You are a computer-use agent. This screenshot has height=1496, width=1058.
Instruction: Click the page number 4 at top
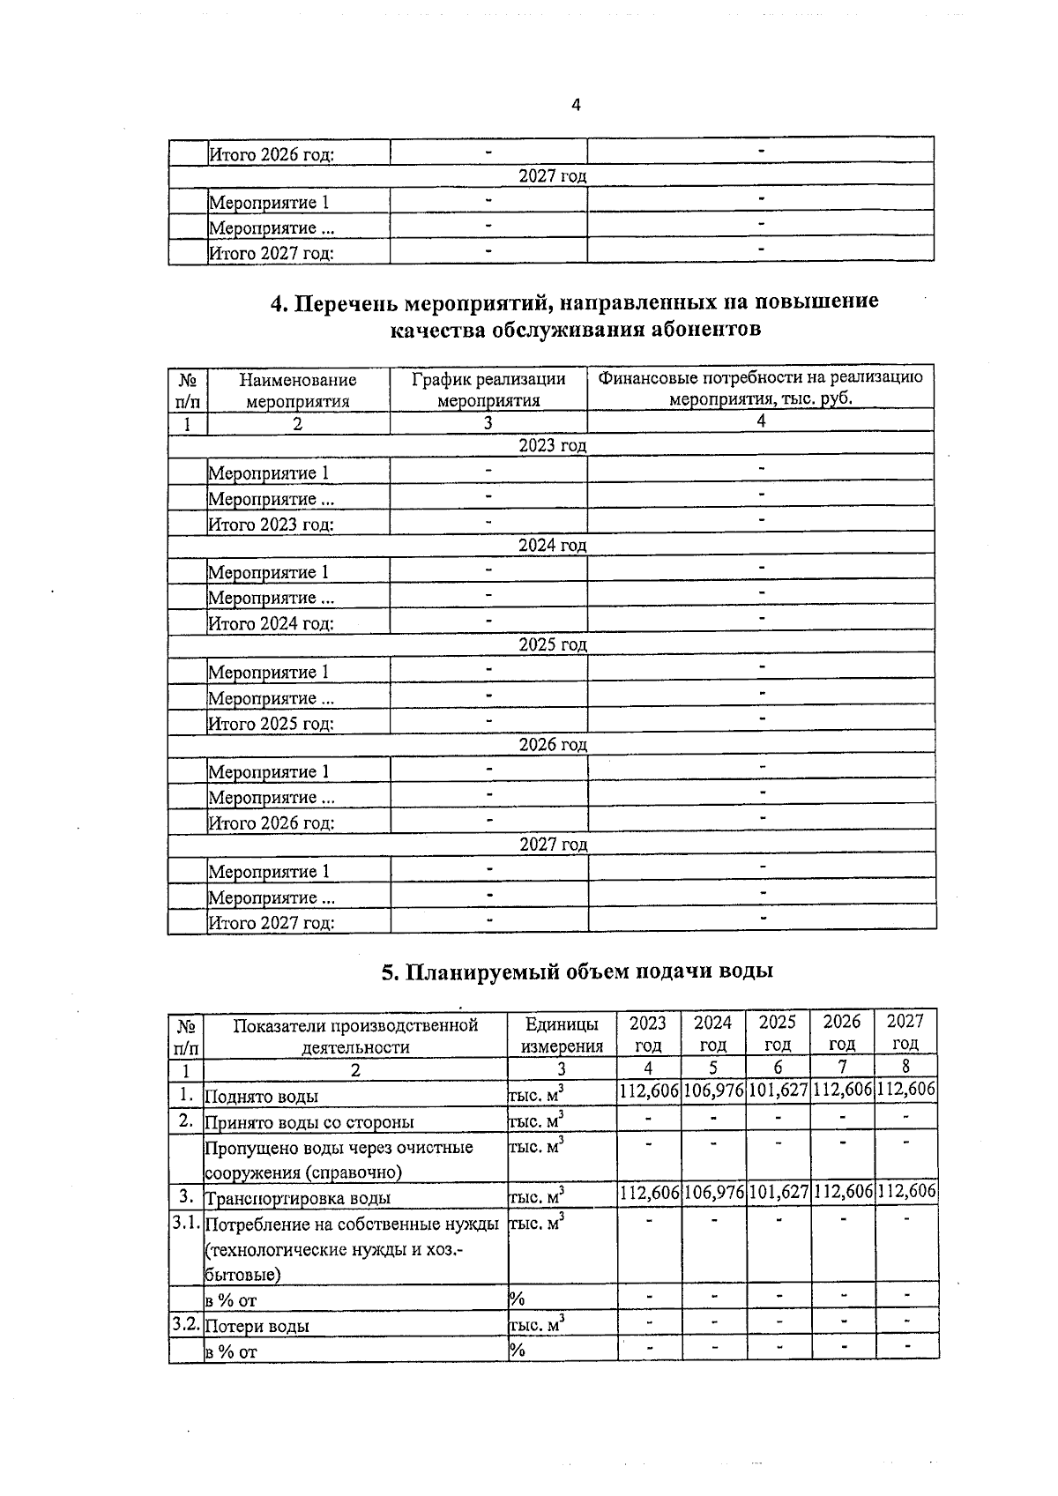(576, 106)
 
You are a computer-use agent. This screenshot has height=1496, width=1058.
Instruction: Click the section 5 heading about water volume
(577, 971)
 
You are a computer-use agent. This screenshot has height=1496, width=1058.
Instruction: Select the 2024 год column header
(712, 1033)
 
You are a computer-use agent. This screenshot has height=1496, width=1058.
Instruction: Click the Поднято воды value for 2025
(778, 1090)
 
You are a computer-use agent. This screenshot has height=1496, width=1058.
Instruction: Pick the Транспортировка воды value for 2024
(713, 1193)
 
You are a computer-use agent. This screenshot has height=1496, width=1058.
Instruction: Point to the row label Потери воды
(257, 1326)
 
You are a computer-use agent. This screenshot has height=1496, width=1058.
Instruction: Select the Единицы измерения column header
(562, 1034)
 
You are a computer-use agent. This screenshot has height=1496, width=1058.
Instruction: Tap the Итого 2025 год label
(271, 725)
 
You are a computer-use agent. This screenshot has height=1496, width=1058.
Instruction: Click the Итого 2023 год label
(271, 525)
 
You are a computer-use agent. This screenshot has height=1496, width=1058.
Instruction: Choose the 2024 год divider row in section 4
(552, 546)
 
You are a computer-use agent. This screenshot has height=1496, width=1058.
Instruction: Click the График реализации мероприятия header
(488, 390)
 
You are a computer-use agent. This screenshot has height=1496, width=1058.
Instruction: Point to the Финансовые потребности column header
(760, 388)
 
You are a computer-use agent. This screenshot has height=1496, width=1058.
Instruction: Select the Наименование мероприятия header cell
(298, 390)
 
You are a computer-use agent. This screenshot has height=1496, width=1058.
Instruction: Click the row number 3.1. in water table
(186, 1224)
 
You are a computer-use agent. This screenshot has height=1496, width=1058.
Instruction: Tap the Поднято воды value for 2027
(906, 1090)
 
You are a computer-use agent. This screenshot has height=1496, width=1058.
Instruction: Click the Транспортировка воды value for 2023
(649, 1193)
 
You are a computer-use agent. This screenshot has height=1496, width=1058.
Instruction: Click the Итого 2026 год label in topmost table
(271, 155)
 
